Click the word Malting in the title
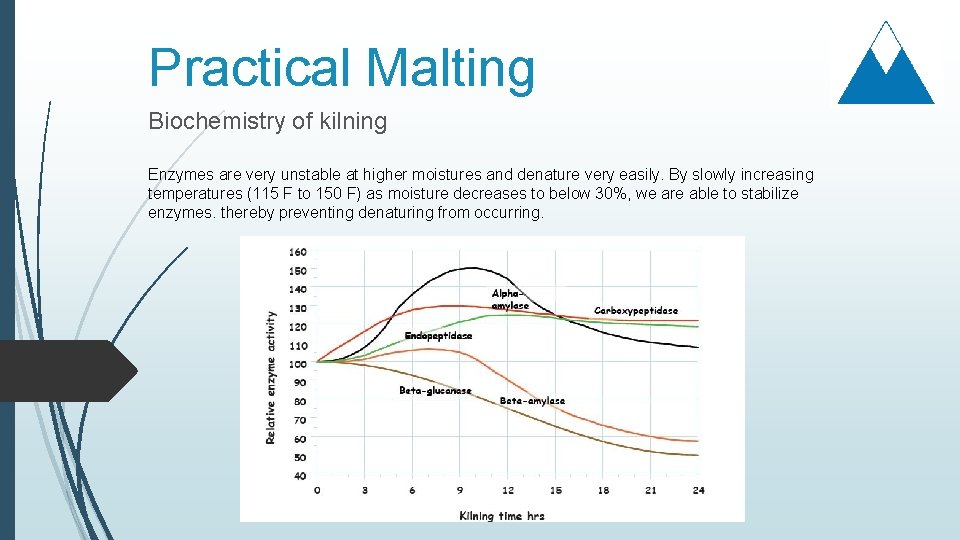pyautogui.click(x=450, y=68)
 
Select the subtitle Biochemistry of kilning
pyautogui.click(x=267, y=122)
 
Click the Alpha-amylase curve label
pyautogui.click(x=509, y=299)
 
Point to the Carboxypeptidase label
pyautogui.click(x=636, y=311)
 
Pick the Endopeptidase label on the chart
pyautogui.click(x=438, y=336)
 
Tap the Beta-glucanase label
pyautogui.click(x=435, y=391)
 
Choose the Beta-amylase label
pyautogui.click(x=532, y=401)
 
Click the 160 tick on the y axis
pyautogui.click(x=298, y=252)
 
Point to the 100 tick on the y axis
pyautogui.click(x=298, y=364)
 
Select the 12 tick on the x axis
pyautogui.click(x=508, y=490)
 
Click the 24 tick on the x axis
pyautogui.click(x=698, y=490)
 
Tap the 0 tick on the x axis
pyautogui.click(x=318, y=490)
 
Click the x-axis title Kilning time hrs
pyautogui.click(x=502, y=516)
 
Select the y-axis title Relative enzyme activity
pyautogui.click(x=270, y=378)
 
